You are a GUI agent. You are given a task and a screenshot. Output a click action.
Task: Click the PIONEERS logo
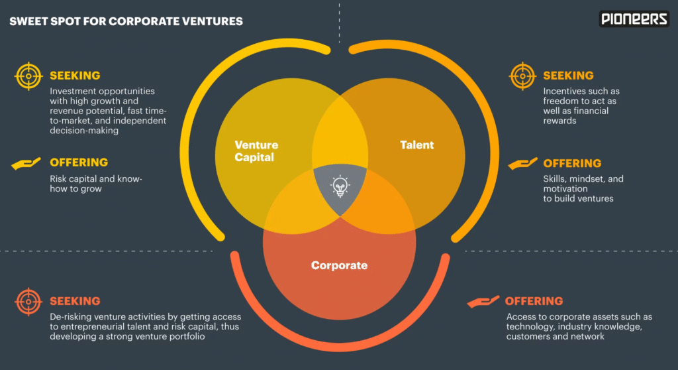tap(634, 19)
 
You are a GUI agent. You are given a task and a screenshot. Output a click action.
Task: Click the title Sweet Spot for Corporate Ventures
tap(126, 21)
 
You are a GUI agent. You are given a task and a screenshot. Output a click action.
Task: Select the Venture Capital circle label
tap(256, 151)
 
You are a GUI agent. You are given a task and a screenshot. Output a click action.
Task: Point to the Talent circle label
tap(417, 145)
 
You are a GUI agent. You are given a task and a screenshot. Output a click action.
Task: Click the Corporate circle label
tap(339, 265)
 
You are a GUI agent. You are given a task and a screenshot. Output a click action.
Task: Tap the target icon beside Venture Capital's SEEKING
tap(28, 76)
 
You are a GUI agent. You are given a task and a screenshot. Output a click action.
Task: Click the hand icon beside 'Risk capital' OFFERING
tap(26, 163)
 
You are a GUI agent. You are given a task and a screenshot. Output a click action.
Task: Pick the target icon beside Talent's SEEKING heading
tap(522, 76)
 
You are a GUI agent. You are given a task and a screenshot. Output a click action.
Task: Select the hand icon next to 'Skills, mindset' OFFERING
tap(522, 163)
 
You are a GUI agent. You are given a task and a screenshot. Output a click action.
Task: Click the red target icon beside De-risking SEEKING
tap(28, 302)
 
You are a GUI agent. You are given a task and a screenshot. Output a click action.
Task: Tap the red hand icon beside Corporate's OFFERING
tap(483, 302)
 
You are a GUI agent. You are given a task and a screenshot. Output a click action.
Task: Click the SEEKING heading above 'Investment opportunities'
tap(75, 76)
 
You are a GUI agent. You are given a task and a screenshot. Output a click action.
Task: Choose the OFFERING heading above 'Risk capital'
tap(79, 162)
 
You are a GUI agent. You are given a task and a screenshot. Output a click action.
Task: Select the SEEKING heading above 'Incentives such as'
tap(568, 76)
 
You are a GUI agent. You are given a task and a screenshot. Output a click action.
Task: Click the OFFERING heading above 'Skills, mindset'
tap(572, 163)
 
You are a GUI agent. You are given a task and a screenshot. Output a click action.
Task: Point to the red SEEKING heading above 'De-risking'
tap(75, 301)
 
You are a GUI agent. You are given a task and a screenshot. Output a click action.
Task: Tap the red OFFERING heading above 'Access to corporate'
tap(534, 301)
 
